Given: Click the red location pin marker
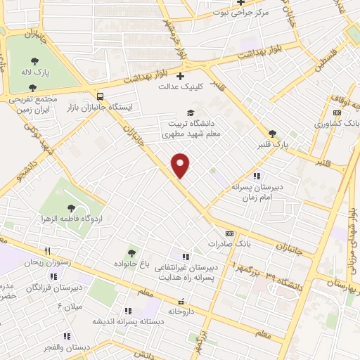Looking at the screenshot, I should (x=181, y=165).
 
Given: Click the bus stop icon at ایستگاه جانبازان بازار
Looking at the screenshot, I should (x=100, y=96).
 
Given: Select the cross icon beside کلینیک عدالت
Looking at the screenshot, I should (x=181, y=76).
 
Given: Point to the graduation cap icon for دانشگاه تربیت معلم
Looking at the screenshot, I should (x=189, y=112).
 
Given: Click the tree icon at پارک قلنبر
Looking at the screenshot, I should (x=272, y=134).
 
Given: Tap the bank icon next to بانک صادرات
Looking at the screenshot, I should (x=229, y=233).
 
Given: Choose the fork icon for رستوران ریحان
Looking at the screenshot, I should (x=47, y=250).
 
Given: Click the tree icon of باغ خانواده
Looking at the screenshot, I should (x=131, y=252).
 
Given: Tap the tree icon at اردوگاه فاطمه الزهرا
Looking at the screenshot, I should (x=71, y=206).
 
